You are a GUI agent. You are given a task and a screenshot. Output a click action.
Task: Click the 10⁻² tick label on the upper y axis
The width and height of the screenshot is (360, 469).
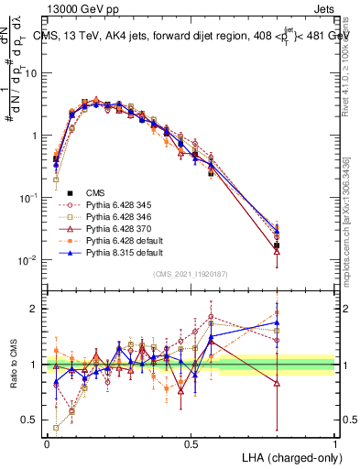click(28, 260)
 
